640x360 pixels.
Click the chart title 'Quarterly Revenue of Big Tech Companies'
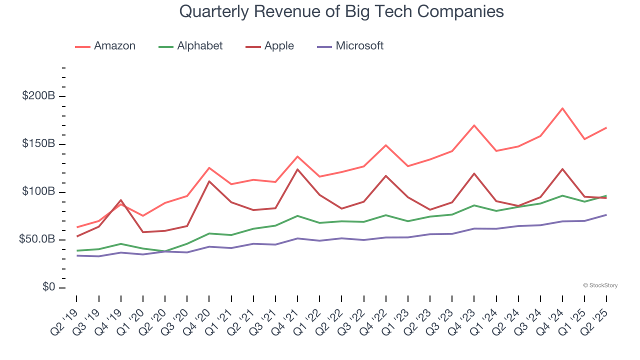point(341,12)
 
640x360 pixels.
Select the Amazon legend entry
point(105,46)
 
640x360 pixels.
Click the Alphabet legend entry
point(190,46)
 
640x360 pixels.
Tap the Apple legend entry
point(270,46)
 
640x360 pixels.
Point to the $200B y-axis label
point(38,96)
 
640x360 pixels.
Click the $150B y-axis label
point(38,144)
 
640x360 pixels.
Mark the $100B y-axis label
point(38,192)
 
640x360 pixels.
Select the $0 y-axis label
point(48,287)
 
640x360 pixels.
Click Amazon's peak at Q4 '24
point(562,108)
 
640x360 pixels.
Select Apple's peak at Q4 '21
point(297,169)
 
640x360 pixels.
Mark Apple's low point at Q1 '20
point(143,232)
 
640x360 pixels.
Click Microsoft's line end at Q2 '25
point(606,215)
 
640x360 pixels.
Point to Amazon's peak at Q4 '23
point(474,125)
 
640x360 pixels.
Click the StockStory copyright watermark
point(600,285)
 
